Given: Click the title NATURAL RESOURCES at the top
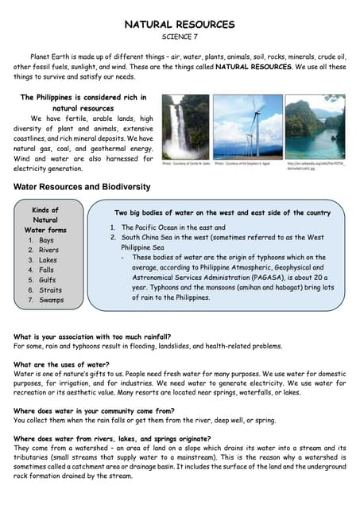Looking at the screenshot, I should [x=180, y=25].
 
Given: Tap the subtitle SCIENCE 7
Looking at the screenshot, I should [x=180, y=37].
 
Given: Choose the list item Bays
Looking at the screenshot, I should [x=46, y=240].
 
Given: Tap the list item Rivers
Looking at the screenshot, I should [x=48, y=251].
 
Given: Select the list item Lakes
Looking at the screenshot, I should [x=48, y=260].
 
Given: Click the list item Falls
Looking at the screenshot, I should [x=46, y=270].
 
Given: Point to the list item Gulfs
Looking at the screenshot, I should [x=47, y=280].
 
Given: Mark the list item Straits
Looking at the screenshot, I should [x=49, y=290].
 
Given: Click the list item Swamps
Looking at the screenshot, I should [x=51, y=301].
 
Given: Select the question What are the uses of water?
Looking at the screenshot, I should [x=61, y=365].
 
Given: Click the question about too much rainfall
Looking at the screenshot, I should [x=87, y=337].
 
